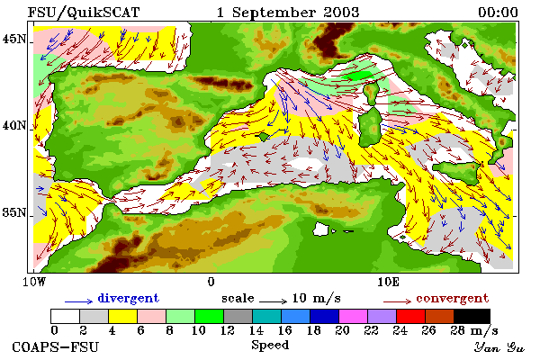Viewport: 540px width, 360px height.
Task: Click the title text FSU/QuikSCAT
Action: [x=84, y=13]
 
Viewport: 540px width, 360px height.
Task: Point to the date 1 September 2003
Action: [x=288, y=13]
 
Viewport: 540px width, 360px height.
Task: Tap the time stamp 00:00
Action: [x=498, y=13]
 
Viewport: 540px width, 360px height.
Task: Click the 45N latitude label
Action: [x=14, y=39]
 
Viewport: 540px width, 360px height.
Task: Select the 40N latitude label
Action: [x=14, y=125]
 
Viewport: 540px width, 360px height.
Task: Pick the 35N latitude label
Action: [x=14, y=212]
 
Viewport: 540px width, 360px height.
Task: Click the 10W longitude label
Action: [x=34, y=282]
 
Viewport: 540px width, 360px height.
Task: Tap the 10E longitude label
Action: [x=388, y=282]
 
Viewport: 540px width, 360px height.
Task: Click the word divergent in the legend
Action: [x=129, y=298]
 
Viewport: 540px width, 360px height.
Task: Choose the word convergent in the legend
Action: [x=452, y=298]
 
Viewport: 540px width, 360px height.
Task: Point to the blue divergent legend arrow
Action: [x=78, y=301]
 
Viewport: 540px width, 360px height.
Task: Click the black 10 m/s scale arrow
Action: [x=273, y=301]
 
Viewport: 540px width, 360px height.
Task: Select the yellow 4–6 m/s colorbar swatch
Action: [x=123, y=316]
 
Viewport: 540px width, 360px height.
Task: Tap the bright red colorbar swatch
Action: [x=410, y=316]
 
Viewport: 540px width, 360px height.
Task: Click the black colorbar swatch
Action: [x=472, y=316]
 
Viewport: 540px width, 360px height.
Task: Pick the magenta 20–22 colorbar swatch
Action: [x=353, y=316]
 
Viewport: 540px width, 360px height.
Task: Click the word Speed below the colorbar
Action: [x=270, y=346]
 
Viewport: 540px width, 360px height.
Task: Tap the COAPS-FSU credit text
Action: [x=56, y=346]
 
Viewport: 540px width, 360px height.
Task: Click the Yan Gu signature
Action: [x=499, y=347]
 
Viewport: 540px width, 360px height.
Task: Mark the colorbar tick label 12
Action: [x=227, y=330]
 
